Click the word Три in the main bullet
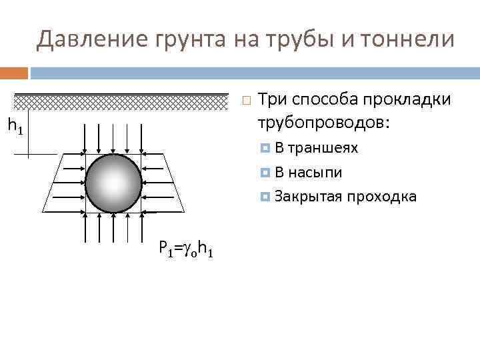click(x=271, y=99)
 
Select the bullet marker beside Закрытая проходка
click(x=266, y=197)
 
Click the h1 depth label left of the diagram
click(x=15, y=125)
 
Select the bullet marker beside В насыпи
click(x=266, y=173)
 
